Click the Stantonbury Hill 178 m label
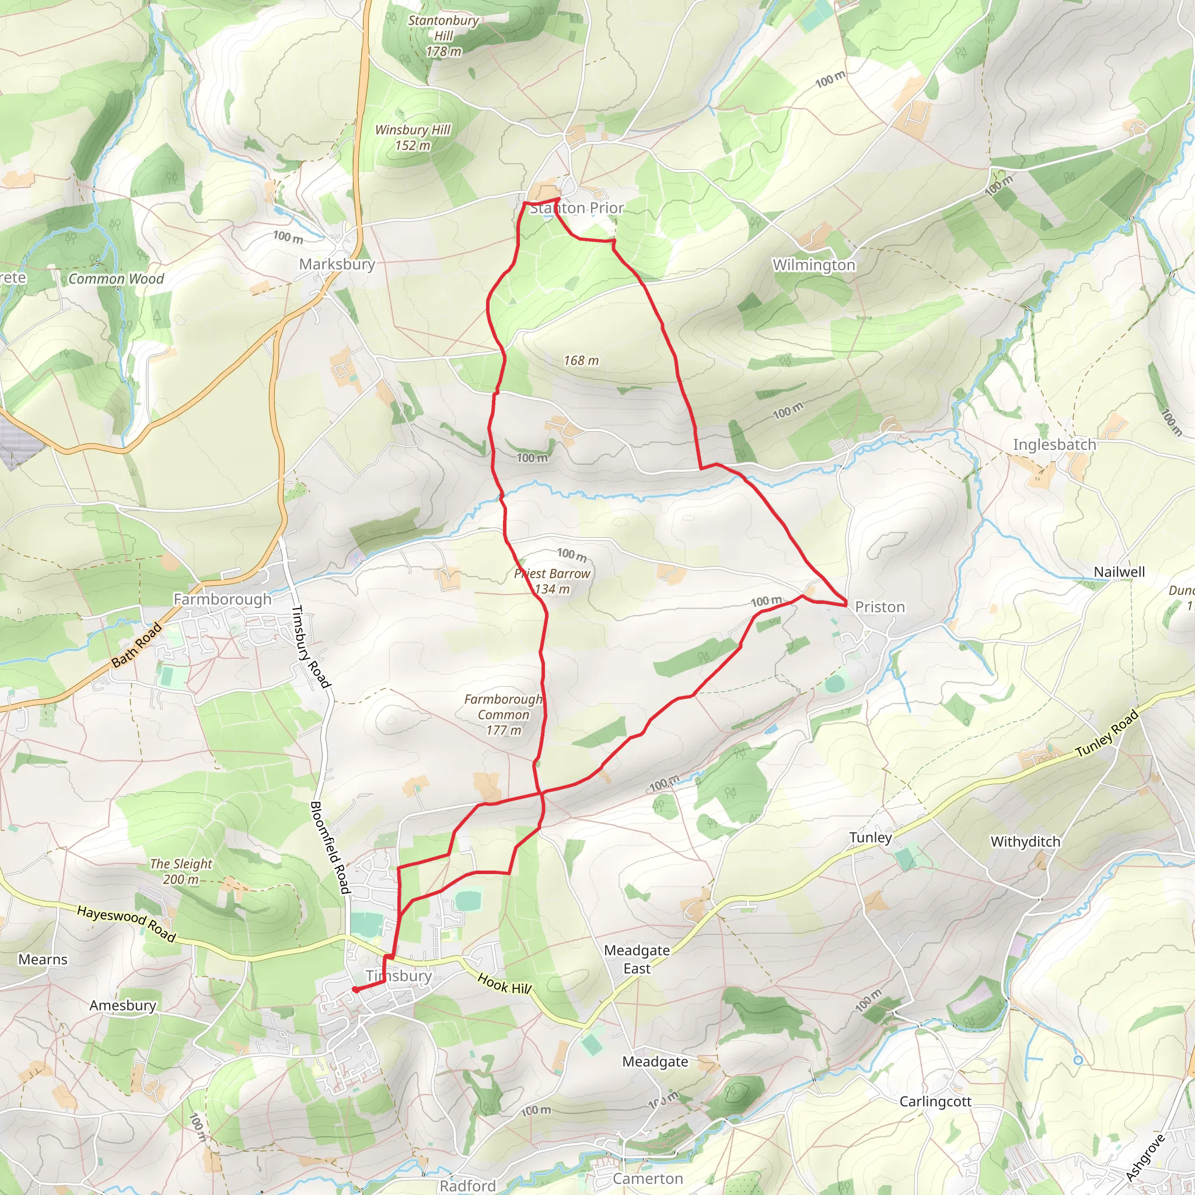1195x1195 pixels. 443,36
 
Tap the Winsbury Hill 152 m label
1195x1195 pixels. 413,137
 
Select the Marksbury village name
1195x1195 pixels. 337,264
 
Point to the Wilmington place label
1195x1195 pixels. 813,265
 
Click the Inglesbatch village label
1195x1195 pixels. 1054,444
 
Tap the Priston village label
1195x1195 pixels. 879,607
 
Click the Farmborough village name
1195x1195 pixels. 222,599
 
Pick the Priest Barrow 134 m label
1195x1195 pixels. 552,581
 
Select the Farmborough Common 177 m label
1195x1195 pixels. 503,714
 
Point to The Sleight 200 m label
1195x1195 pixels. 181,872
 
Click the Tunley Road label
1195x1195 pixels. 1106,733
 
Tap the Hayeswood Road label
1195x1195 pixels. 126,924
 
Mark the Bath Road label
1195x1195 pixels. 137,645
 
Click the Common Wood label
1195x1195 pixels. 116,279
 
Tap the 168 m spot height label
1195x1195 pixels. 581,360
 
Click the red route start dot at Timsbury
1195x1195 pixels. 356,989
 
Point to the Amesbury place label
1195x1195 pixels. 123,1005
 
